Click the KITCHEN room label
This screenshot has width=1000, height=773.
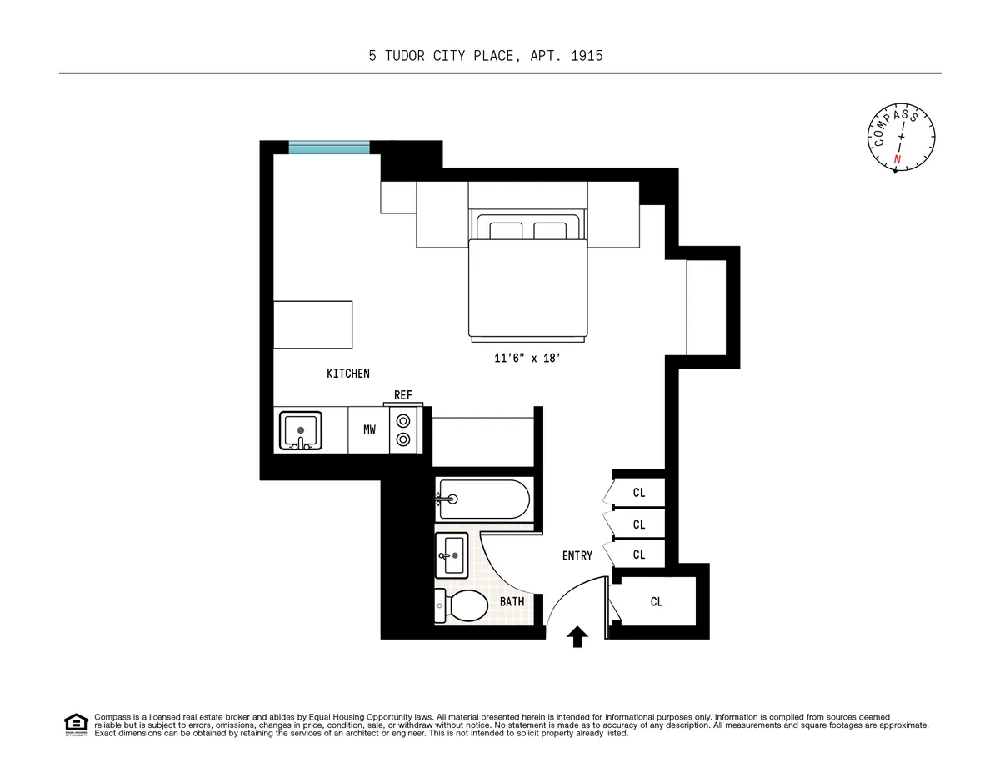tap(347, 374)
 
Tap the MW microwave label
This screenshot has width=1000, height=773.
tap(369, 430)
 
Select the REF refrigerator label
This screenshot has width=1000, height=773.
tap(403, 395)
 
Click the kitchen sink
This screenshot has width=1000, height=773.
tap(300, 430)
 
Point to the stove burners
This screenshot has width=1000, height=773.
tap(404, 430)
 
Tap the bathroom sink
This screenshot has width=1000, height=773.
tap(452, 555)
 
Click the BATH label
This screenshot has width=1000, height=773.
tap(512, 601)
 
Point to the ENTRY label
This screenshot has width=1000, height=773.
tap(577, 555)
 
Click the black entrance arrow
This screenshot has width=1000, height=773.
tap(577, 637)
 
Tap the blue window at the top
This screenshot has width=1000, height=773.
tap(328, 148)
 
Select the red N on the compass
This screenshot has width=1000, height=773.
tap(897, 159)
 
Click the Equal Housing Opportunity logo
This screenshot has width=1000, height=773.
tap(76, 725)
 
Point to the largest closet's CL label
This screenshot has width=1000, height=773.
tap(657, 601)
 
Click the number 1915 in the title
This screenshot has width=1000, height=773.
tap(583, 56)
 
